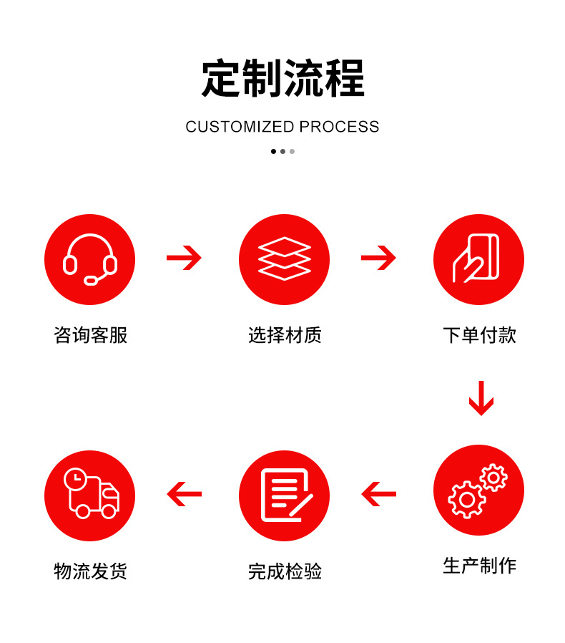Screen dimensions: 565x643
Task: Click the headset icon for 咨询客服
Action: coord(89,259)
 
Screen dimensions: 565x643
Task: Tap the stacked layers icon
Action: coord(284,259)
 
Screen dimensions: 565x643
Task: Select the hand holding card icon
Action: coord(478,259)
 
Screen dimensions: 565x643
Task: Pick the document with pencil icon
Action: coord(284,495)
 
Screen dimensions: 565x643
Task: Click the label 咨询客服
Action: coord(90,335)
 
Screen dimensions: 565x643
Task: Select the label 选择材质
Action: coord(285,335)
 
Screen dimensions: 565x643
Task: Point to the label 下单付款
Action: coord(479,335)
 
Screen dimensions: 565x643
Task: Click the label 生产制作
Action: coord(479,566)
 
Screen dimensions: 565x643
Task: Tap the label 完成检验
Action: coord(285,571)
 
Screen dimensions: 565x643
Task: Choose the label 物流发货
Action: coord(90,571)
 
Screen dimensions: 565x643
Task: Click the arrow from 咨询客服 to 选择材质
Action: coord(185,258)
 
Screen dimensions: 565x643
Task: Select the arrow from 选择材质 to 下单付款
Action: coord(378,258)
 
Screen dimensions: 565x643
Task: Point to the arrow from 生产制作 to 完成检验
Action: coord(378,494)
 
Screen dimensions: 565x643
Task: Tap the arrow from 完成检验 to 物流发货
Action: coord(185,494)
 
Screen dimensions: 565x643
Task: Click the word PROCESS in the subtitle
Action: coord(339,127)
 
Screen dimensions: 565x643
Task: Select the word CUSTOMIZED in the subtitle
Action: coord(240,127)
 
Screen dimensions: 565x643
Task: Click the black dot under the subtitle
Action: coord(273,151)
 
